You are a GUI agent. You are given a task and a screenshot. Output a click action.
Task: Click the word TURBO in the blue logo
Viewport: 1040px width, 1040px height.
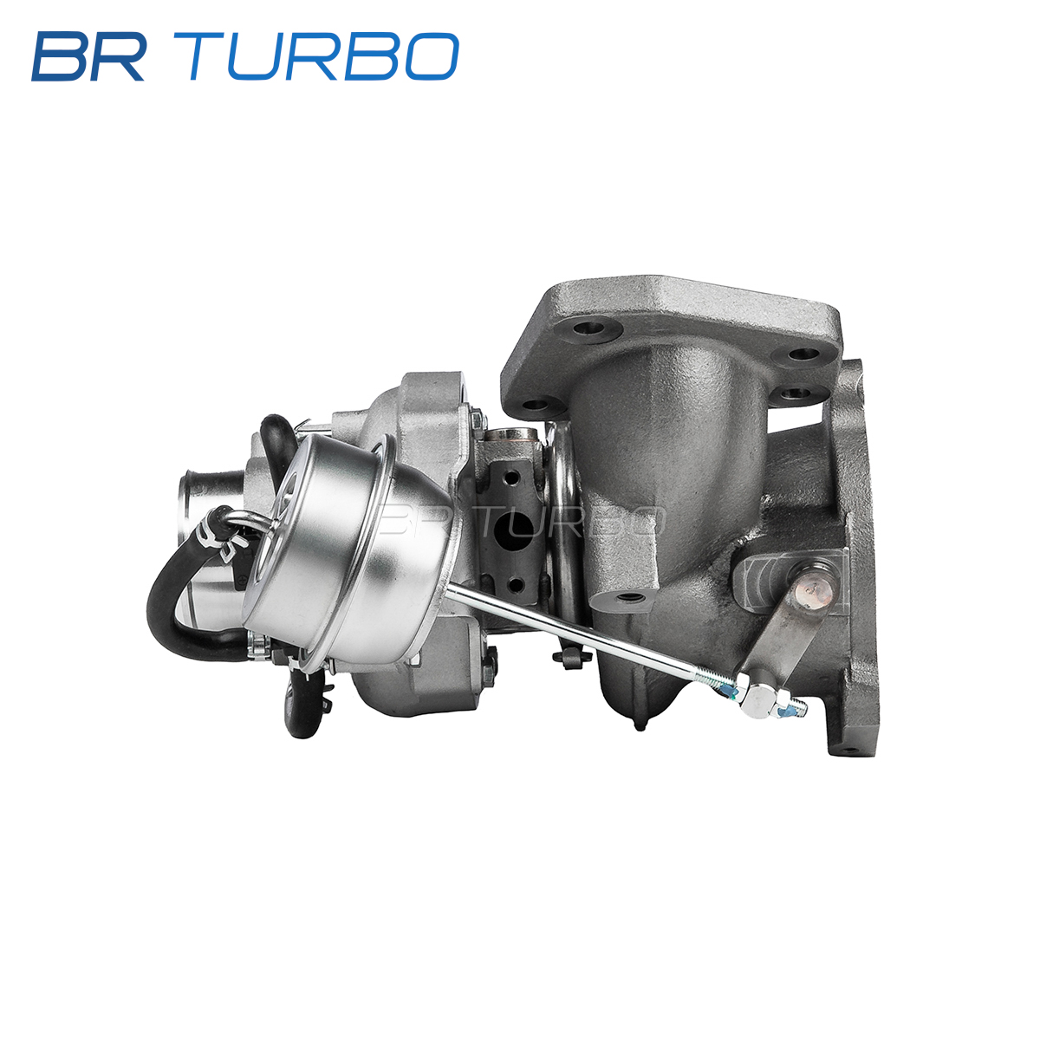(x=324, y=56)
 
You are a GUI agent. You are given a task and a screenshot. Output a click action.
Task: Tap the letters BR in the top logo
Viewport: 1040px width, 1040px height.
(x=88, y=56)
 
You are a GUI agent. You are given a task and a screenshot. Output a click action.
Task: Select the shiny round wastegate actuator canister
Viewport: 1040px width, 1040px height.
(x=351, y=550)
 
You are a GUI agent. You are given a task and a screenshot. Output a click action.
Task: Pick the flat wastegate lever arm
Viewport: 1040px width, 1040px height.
(x=788, y=626)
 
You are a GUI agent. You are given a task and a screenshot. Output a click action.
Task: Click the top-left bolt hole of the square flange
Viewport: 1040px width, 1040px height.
(x=589, y=328)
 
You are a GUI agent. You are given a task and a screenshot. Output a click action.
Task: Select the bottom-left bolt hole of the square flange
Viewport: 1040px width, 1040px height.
(x=538, y=404)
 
